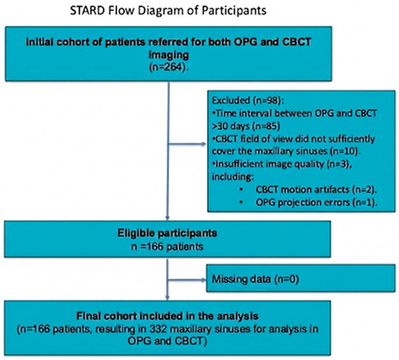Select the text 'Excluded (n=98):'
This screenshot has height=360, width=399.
[x=248, y=101]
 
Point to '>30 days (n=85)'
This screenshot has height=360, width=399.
[x=246, y=126]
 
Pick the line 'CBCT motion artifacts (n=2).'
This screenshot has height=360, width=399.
[x=316, y=189]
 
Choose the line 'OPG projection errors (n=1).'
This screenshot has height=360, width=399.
[x=316, y=202]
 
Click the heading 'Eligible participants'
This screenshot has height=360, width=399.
[x=167, y=233]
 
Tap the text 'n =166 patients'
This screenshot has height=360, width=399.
[x=167, y=247]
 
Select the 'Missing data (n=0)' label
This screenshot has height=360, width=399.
[x=255, y=279]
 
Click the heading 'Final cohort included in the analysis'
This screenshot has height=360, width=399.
[x=167, y=316]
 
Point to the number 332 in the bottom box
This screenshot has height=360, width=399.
[x=158, y=329]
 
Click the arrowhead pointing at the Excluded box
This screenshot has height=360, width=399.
[x=204, y=144]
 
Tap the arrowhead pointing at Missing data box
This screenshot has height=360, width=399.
[x=203, y=280]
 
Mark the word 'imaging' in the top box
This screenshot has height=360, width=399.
[x=168, y=55]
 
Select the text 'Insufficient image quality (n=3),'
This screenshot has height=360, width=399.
[x=282, y=164]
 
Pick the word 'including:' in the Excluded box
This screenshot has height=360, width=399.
[x=233, y=177]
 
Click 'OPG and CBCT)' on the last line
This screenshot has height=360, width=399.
[x=167, y=341]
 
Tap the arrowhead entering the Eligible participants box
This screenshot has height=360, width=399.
[x=167, y=218]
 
